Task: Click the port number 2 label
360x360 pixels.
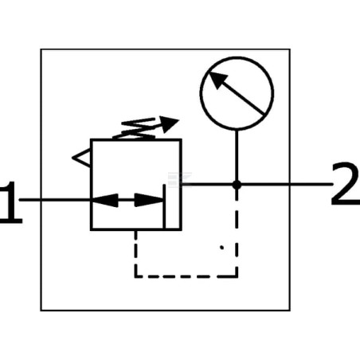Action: tap(346, 183)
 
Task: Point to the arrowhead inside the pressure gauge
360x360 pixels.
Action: tap(218, 80)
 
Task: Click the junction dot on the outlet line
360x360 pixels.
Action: tap(237, 185)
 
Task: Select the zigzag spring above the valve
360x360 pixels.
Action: tap(138, 129)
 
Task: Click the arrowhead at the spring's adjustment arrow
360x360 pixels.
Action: tap(168, 123)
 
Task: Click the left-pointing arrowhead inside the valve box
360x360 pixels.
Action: tap(105, 200)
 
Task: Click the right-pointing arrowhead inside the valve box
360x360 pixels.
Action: tap(149, 200)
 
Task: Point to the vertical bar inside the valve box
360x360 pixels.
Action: tap(164, 206)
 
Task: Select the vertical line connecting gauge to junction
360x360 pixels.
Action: tap(237, 155)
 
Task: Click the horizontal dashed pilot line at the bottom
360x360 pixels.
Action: tap(186, 276)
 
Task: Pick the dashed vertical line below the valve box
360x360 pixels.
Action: tap(136, 253)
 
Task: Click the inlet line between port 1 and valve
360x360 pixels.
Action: tap(55, 200)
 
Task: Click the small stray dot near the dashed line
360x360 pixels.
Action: tap(221, 248)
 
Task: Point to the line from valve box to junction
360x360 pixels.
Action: tap(207, 184)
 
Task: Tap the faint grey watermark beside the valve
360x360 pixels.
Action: tap(179, 179)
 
